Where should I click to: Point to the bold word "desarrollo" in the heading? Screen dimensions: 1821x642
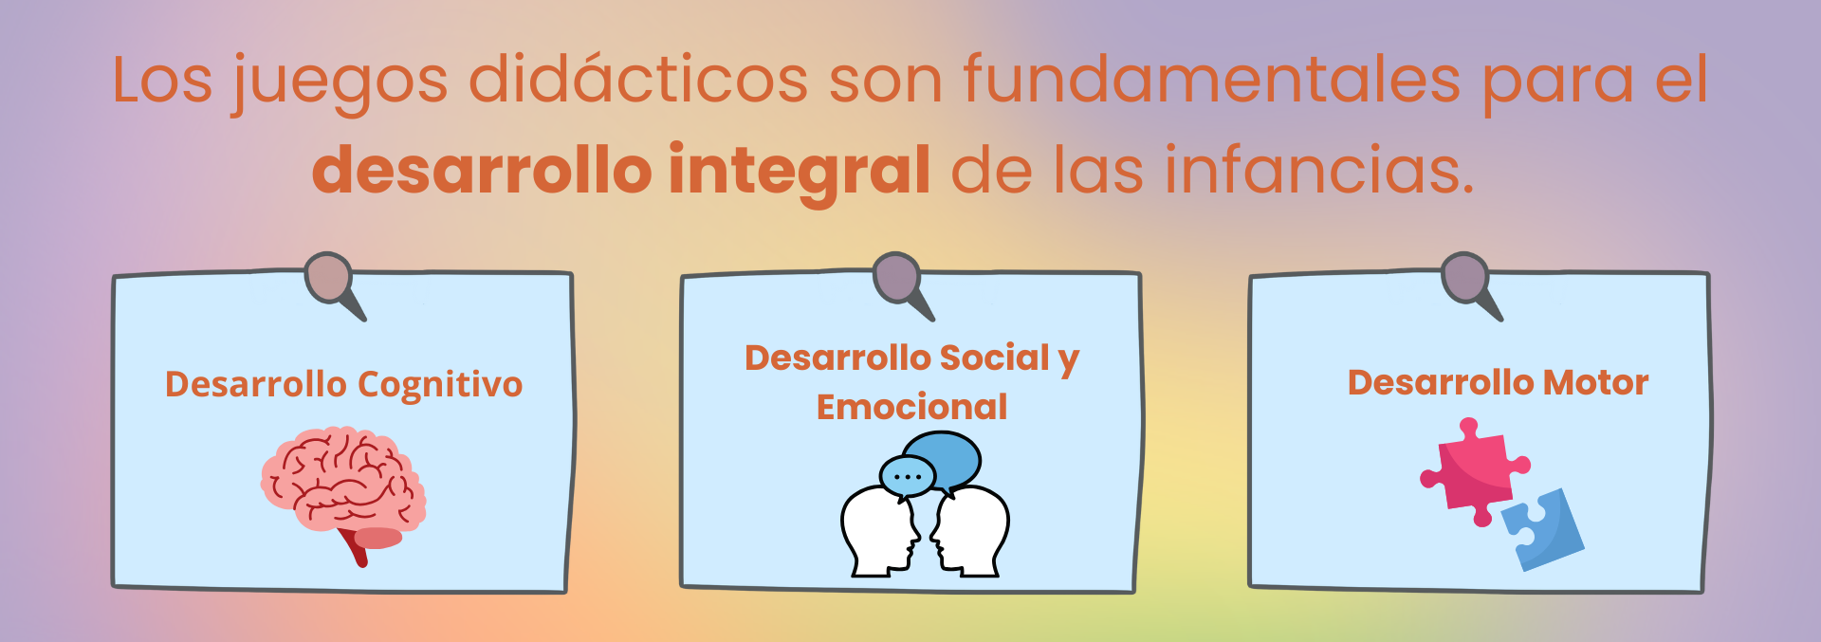pos(482,170)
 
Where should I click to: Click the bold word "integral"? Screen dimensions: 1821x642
pos(800,174)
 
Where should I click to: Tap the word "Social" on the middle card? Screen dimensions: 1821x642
pos(995,358)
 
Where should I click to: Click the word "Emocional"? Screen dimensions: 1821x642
pos(912,407)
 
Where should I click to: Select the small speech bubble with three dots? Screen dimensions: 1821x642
pos(908,477)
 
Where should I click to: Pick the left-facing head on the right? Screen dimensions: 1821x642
pos(969,531)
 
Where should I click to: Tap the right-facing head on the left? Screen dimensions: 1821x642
pos(880,531)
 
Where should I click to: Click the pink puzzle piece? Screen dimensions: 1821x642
pos(1473,472)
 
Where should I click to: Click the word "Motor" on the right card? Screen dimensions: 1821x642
pos(1596,382)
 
